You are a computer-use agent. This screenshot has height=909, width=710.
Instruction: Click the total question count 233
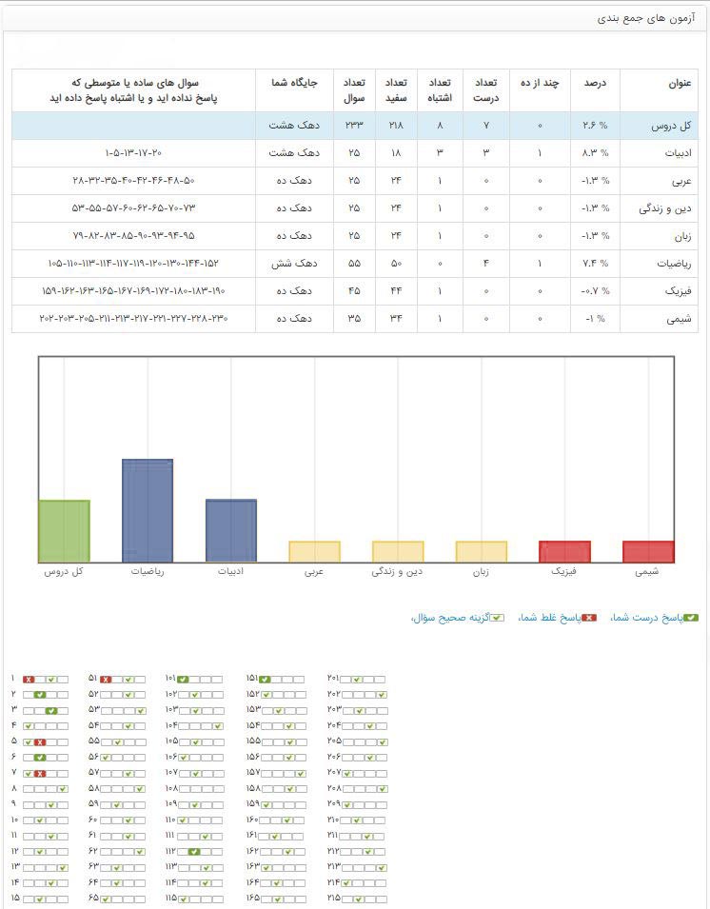pos(353,126)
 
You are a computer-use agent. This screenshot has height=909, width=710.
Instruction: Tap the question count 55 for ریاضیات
pos(353,264)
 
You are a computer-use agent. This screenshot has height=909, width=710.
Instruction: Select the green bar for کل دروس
pos(64,530)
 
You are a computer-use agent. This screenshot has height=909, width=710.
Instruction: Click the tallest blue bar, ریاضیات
pos(148,510)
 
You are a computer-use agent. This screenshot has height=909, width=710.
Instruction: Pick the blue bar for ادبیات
pos(231,530)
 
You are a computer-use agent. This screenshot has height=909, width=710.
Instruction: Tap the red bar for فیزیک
pos(564,551)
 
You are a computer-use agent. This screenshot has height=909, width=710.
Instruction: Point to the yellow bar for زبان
pos(482,551)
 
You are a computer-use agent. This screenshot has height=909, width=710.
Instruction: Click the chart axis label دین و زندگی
pos(398,572)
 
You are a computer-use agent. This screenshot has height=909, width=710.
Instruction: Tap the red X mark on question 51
pos(107,679)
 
